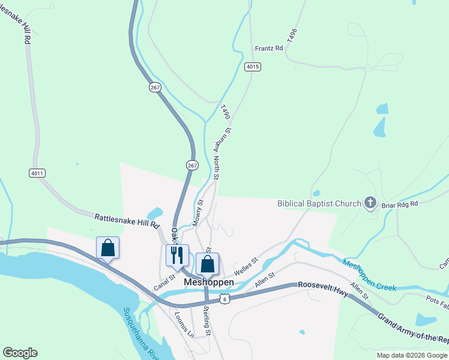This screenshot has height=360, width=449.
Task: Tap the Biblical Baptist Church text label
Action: [319, 203]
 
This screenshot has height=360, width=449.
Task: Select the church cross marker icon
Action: [370, 203]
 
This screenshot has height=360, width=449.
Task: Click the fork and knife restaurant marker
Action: [177, 255]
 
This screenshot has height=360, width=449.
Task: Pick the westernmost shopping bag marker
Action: [108, 247]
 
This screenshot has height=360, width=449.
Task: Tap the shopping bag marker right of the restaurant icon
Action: [207, 263]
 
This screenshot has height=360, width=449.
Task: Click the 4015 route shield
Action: [253, 67]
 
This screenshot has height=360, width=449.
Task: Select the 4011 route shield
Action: [37, 173]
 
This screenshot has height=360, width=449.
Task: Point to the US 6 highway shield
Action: [223, 298]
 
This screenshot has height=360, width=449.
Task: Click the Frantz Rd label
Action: [268, 48]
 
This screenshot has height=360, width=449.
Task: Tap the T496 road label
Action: [292, 34]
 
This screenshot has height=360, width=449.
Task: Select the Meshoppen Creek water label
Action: [369, 275]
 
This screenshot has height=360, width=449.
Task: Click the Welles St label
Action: [246, 267]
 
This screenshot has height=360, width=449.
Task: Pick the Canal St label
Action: [163, 283]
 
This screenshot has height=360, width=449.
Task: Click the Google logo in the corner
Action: [20, 353]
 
